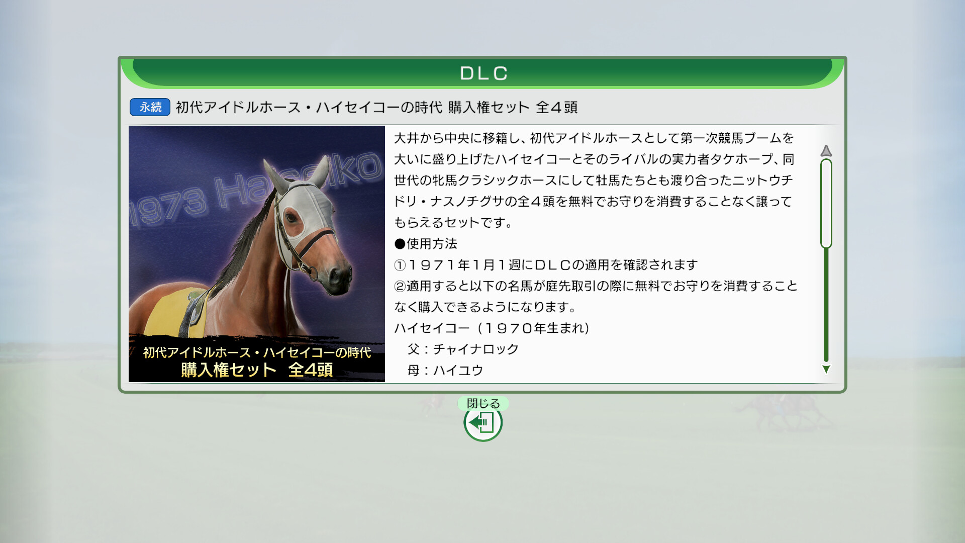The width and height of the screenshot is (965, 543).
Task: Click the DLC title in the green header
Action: click(x=484, y=73)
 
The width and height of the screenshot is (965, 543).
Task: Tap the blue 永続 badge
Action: click(x=150, y=107)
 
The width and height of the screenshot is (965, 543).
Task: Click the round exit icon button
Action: click(x=483, y=423)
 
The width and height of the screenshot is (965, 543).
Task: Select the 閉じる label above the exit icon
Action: click(x=483, y=403)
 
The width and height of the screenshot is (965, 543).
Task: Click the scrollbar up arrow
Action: click(x=826, y=151)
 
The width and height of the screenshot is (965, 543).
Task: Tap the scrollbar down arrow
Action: click(x=826, y=370)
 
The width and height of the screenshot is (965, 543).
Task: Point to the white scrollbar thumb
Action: click(x=826, y=204)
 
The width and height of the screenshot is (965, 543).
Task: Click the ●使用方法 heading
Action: click(x=426, y=244)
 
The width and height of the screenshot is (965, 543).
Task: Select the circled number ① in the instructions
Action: click(x=400, y=265)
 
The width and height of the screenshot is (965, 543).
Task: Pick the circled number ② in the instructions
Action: click(x=400, y=286)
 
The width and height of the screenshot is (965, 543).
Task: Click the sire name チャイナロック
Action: click(x=475, y=349)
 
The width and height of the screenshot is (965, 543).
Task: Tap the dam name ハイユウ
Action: click(x=458, y=371)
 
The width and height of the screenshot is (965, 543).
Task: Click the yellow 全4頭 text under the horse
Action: click(x=310, y=370)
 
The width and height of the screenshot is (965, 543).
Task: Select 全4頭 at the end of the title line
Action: click(x=556, y=107)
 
